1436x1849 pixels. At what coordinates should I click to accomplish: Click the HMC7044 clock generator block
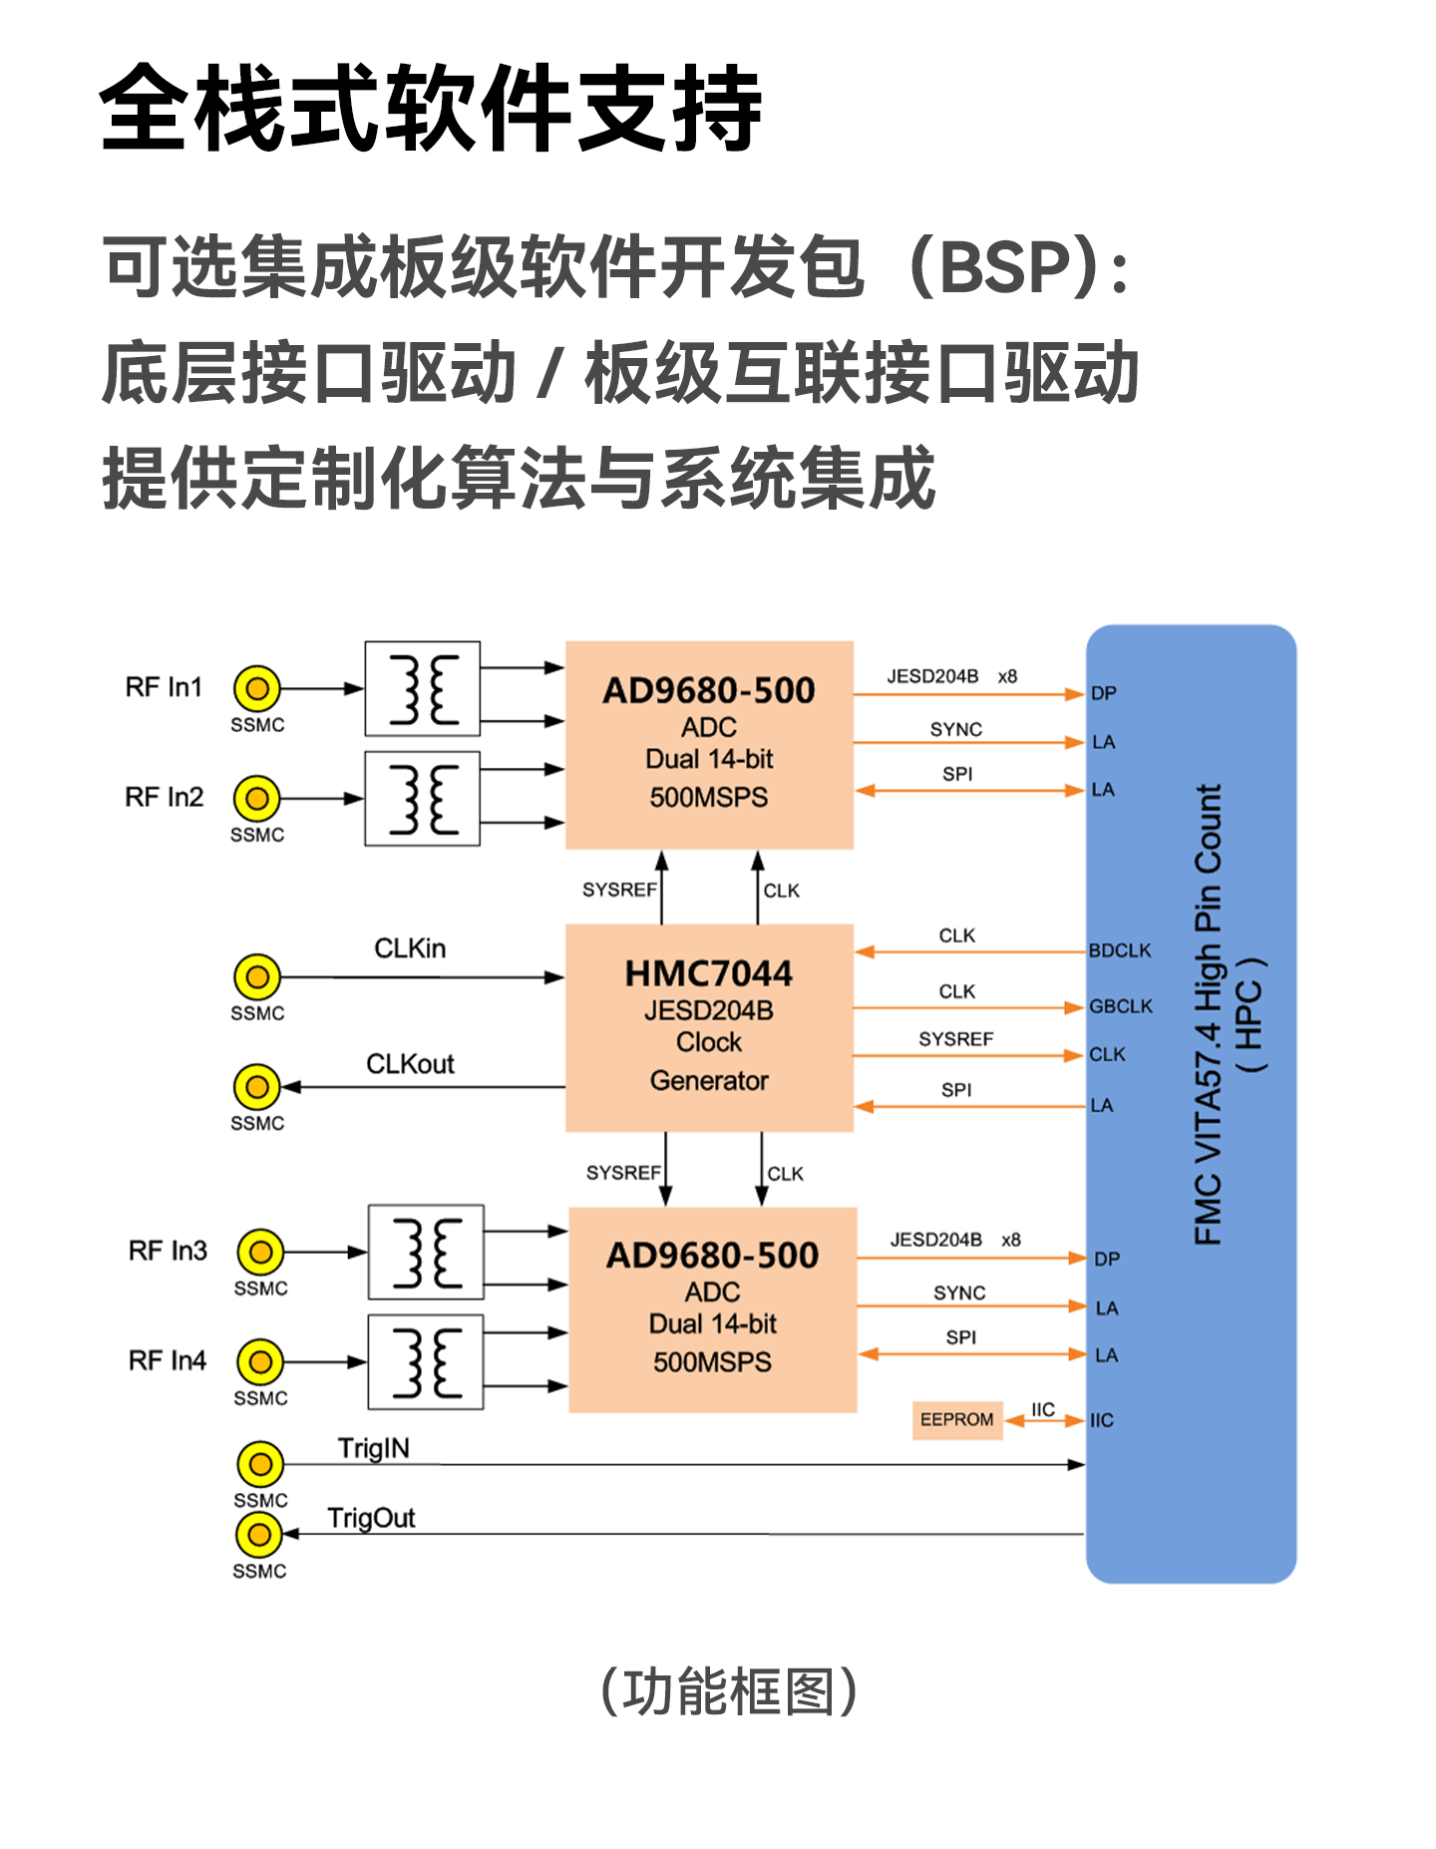pyautogui.click(x=709, y=1027)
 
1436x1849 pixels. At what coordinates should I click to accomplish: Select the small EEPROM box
pyautogui.click(x=956, y=1419)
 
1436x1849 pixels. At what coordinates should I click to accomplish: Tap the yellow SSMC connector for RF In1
pyautogui.click(x=257, y=688)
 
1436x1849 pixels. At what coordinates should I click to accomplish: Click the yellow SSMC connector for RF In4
pyautogui.click(x=260, y=1361)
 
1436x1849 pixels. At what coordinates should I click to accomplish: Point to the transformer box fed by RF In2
pyautogui.click(x=422, y=799)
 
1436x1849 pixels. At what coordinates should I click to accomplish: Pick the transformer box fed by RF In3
pyautogui.click(x=426, y=1252)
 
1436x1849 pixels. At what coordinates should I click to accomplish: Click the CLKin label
pyautogui.click(x=410, y=948)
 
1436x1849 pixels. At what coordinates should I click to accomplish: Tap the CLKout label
pyautogui.click(x=410, y=1064)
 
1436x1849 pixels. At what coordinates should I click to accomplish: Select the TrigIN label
pyautogui.click(x=373, y=1448)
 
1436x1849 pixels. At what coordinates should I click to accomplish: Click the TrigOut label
pyautogui.click(x=371, y=1518)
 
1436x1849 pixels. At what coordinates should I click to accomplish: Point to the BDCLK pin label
pyautogui.click(x=1120, y=950)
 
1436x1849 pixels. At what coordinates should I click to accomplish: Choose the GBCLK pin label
pyautogui.click(x=1121, y=1006)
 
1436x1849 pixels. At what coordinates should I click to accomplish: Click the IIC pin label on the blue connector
pyautogui.click(x=1102, y=1420)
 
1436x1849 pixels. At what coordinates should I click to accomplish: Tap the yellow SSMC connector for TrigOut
pyautogui.click(x=259, y=1535)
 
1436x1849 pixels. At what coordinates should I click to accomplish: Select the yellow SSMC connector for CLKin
pyautogui.click(x=257, y=977)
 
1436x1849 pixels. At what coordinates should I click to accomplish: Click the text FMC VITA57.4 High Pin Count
pyautogui.click(x=1208, y=1014)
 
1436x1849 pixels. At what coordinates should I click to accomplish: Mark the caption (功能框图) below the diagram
pyautogui.click(x=728, y=1691)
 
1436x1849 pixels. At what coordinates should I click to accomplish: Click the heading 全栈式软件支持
pyautogui.click(x=431, y=108)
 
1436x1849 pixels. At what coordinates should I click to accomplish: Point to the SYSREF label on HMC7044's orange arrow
pyautogui.click(x=955, y=1039)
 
